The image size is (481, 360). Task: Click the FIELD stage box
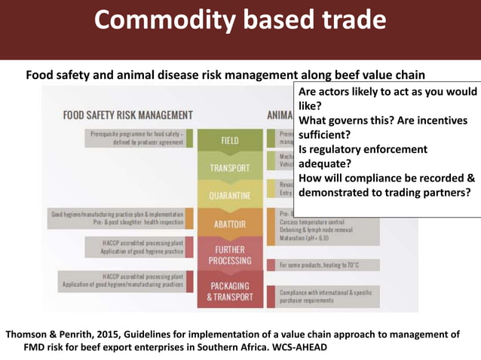pyautogui.click(x=230, y=140)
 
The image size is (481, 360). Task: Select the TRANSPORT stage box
pyautogui.click(x=230, y=167)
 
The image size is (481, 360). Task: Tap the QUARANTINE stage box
pyautogui.click(x=230, y=196)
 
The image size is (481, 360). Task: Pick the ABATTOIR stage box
pyautogui.click(x=230, y=223)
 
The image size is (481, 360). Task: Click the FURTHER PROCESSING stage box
pyautogui.click(x=230, y=255)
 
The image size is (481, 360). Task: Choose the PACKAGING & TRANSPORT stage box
pyautogui.click(x=230, y=291)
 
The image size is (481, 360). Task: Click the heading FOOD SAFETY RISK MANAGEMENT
pyautogui.click(x=128, y=115)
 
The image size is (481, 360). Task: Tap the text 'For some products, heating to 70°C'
pyautogui.click(x=319, y=265)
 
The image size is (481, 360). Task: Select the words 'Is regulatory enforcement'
pyautogui.click(x=363, y=149)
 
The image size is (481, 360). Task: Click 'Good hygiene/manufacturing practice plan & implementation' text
pyautogui.click(x=121, y=214)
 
